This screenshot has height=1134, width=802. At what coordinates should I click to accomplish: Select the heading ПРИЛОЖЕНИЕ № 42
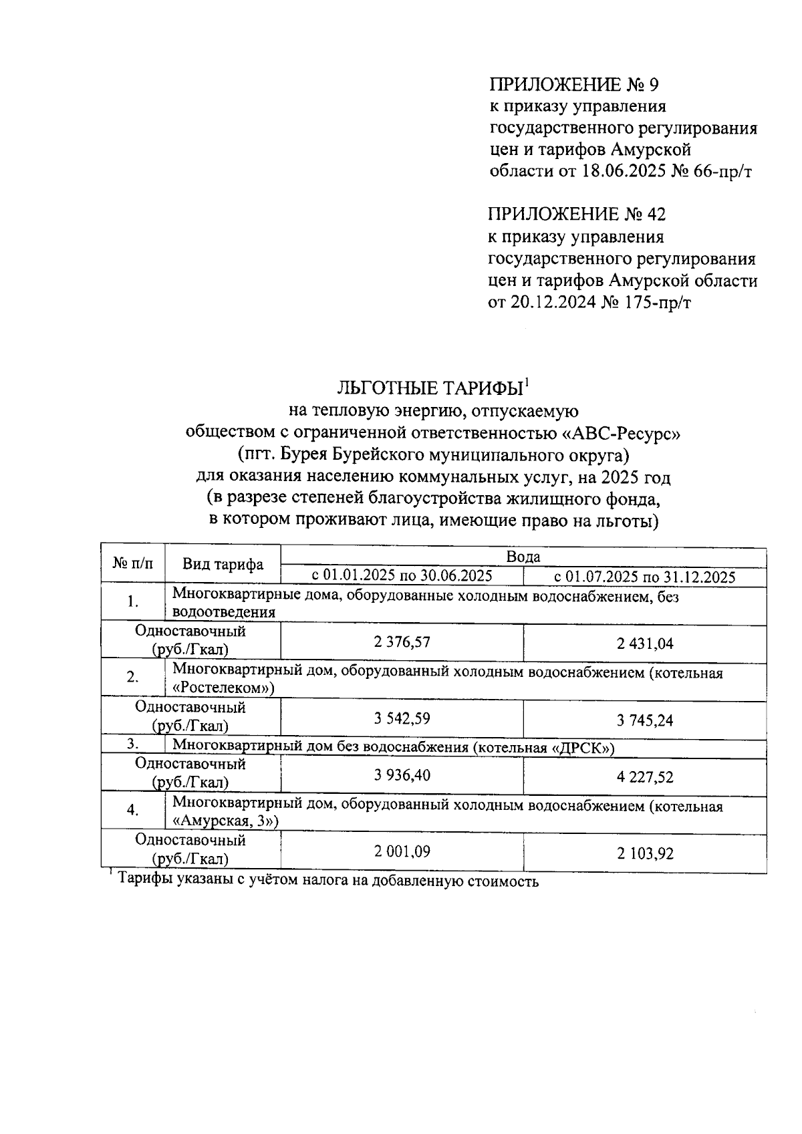[577, 215]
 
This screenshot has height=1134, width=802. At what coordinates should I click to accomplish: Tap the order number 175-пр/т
[656, 303]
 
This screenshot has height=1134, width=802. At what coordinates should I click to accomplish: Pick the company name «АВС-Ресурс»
[620, 433]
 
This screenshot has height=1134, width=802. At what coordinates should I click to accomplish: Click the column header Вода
[523, 557]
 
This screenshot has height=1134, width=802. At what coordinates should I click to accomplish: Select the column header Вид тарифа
[223, 565]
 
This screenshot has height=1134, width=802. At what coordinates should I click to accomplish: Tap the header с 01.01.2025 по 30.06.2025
[402, 575]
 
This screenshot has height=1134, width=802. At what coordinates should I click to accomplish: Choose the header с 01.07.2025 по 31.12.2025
[645, 577]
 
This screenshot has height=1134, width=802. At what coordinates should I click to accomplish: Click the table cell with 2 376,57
[402, 642]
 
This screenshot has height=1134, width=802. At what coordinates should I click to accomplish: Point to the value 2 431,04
[645, 644]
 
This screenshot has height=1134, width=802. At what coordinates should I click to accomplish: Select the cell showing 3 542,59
[402, 718]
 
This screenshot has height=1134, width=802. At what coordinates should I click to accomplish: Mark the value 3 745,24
[645, 720]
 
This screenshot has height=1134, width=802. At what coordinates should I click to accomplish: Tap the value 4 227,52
[645, 776]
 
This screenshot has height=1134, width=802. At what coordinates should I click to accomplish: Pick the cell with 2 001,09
[402, 851]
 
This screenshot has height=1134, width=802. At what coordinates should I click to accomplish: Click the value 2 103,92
[645, 853]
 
